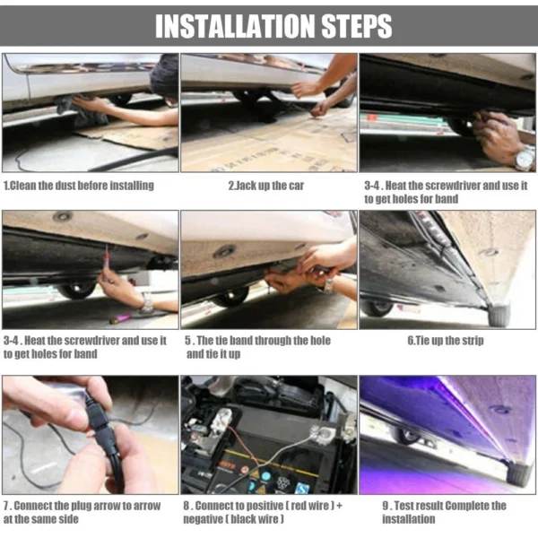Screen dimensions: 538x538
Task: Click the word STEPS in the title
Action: point(350,26)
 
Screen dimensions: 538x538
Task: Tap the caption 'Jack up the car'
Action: point(268,185)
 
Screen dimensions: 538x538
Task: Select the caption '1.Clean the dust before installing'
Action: point(78,185)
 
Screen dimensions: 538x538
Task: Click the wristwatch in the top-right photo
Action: point(523,158)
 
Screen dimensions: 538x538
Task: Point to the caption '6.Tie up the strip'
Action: point(447,341)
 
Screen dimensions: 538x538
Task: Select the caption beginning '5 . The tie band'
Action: point(256,347)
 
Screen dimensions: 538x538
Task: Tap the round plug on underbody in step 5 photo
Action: point(224,251)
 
